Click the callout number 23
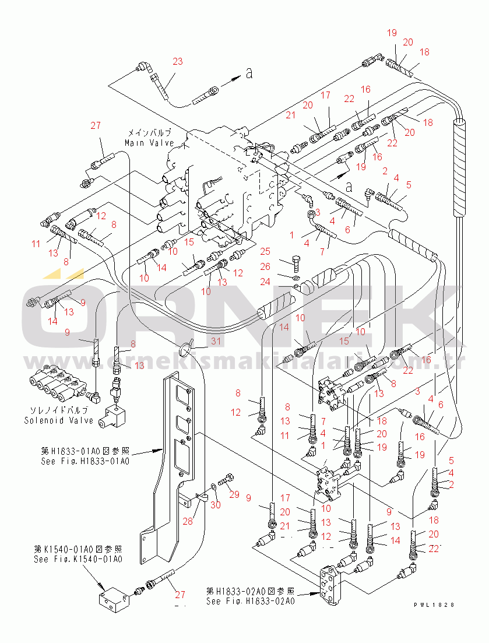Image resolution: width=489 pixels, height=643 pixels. (x=177, y=61)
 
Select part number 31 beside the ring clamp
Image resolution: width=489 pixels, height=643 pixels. (x=200, y=342)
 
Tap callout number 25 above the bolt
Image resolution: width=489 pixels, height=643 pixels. (x=265, y=251)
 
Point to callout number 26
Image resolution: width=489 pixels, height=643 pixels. (x=265, y=266)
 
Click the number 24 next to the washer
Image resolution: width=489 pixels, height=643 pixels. (x=265, y=282)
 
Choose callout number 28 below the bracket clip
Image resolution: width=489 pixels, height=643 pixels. (x=188, y=521)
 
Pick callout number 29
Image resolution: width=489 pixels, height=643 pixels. (x=234, y=495)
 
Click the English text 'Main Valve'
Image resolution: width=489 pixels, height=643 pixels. (x=149, y=143)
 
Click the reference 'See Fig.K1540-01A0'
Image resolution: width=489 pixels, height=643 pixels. (x=78, y=560)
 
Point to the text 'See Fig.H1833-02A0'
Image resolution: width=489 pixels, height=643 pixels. (x=250, y=602)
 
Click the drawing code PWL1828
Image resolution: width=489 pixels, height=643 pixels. (x=434, y=606)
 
